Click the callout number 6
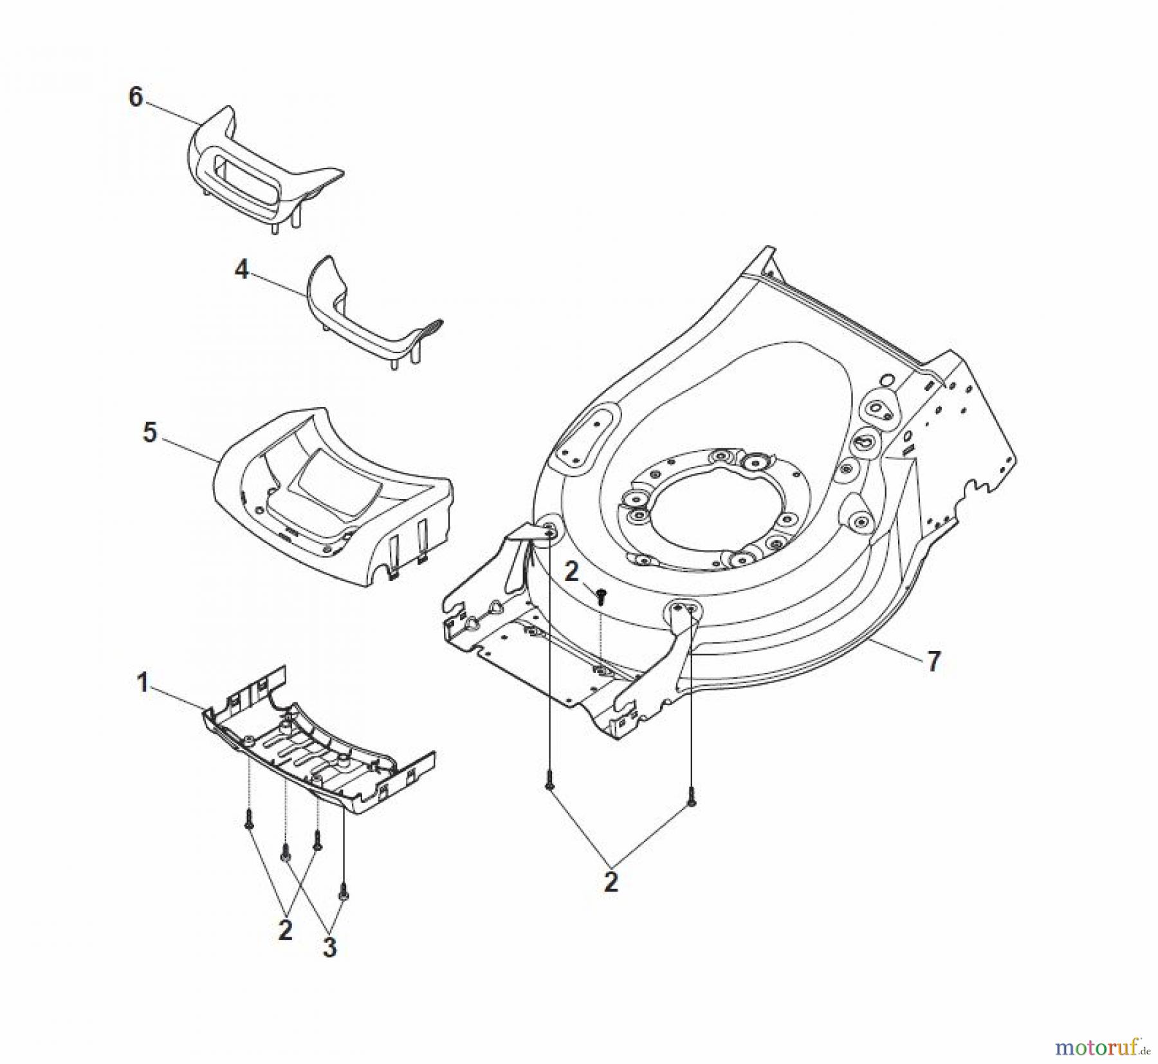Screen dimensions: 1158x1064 pos(136,98)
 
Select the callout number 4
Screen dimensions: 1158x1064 pos(241,270)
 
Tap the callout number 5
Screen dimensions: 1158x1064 pos(149,432)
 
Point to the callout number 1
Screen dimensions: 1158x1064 pos(143,683)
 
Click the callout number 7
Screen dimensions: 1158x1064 pos(933,661)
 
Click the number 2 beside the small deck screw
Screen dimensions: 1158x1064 pos(571,572)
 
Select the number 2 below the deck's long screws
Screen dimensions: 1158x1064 pos(611,881)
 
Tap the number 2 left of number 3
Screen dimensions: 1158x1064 pos(285,930)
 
